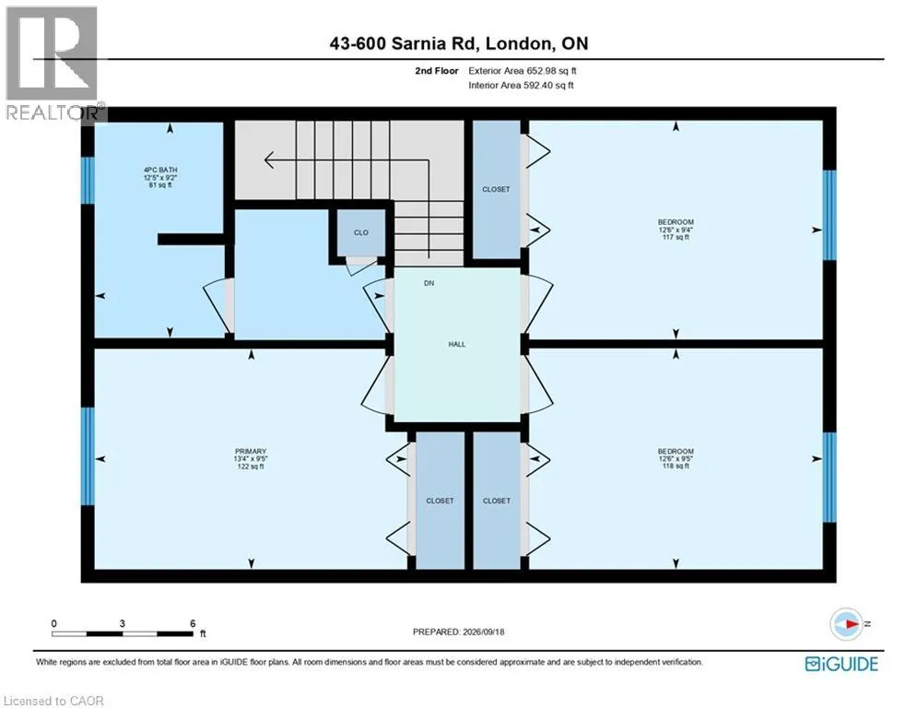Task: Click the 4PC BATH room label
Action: pyautogui.click(x=160, y=170)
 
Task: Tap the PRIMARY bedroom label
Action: pyautogui.click(x=251, y=451)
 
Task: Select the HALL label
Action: pyautogui.click(x=457, y=344)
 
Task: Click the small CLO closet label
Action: pyautogui.click(x=361, y=232)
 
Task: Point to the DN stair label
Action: pyautogui.click(x=429, y=283)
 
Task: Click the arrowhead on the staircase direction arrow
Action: pyautogui.click(x=269, y=159)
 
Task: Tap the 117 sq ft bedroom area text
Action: pyautogui.click(x=676, y=238)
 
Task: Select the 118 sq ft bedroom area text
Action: pyautogui.click(x=676, y=466)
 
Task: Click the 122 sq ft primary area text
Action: pyautogui.click(x=251, y=466)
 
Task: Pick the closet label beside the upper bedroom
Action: pyautogui.click(x=496, y=189)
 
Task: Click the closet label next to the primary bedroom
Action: pyautogui.click(x=440, y=501)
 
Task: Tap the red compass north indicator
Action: pyautogui.click(x=852, y=624)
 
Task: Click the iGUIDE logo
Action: pyautogui.click(x=841, y=664)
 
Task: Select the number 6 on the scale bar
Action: pyautogui.click(x=193, y=624)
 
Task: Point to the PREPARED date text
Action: pyautogui.click(x=459, y=631)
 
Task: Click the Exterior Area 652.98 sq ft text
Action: pyautogui.click(x=523, y=71)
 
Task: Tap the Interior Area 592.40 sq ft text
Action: pyautogui.click(x=521, y=86)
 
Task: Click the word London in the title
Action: pyautogui.click(x=518, y=44)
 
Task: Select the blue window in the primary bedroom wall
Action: pyautogui.click(x=88, y=455)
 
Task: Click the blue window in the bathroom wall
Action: pyautogui.click(x=88, y=180)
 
